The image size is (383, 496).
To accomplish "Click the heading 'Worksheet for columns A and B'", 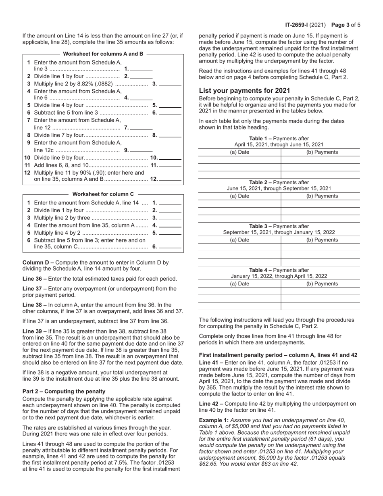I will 103,54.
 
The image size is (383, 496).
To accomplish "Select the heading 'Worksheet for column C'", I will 103,194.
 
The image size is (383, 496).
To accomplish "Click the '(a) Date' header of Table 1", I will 239,152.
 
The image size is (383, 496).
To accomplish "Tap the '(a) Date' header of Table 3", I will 239,240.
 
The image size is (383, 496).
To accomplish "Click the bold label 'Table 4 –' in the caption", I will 262,270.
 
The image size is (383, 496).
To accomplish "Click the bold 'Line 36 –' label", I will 35,279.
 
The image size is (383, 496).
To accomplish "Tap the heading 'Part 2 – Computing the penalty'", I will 64,391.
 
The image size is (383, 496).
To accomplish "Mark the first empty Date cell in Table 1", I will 239,160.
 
